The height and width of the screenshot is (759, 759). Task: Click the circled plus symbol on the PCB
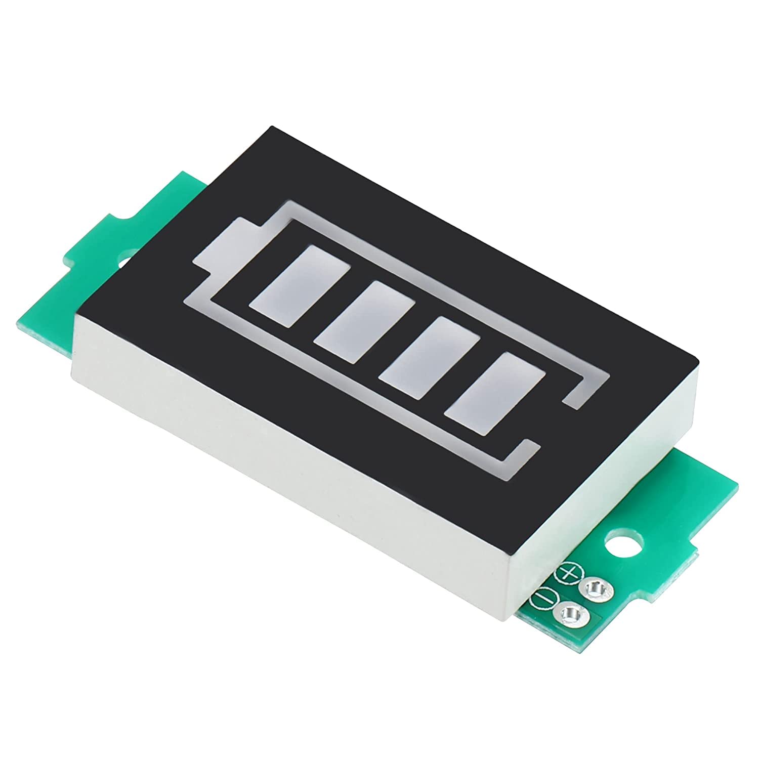(x=570, y=573)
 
